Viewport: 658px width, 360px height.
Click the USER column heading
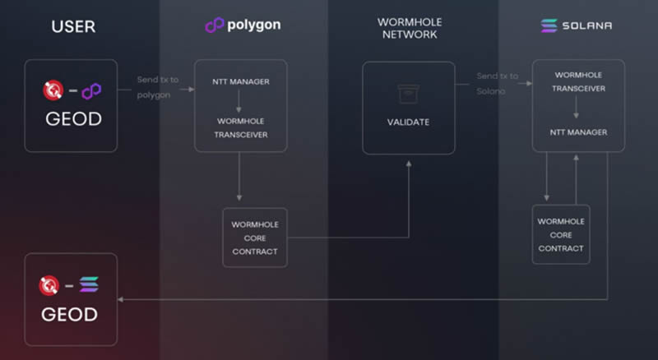pos(73,27)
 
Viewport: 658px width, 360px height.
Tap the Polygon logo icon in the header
pos(214,25)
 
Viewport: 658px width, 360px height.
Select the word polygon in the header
pos(254,25)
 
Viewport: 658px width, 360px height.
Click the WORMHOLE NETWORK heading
pos(410,28)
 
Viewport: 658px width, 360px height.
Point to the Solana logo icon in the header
pos(549,25)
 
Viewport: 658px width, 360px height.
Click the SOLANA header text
pos(587,25)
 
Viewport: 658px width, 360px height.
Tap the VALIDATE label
pos(408,122)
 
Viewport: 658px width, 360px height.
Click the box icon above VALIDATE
pos(408,94)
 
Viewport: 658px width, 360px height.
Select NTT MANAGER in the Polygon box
pos(241,81)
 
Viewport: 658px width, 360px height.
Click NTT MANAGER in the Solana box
pos(579,132)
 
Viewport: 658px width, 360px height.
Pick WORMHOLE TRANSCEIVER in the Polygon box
pos(241,128)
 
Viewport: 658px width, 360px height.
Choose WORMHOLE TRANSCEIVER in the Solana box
pos(579,81)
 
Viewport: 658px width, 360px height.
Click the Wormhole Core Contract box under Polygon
pos(255,238)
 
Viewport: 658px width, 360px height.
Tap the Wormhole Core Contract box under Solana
pos(561,234)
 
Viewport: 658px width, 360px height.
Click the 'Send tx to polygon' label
pos(157,87)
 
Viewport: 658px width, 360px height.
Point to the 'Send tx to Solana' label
pos(498,84)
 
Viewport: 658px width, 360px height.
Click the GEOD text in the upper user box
pos(73,118)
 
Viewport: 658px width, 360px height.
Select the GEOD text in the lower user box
pos(69,314)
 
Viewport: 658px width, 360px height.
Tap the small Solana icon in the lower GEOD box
pos(89,284)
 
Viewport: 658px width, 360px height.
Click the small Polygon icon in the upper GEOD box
pos(91,91)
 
